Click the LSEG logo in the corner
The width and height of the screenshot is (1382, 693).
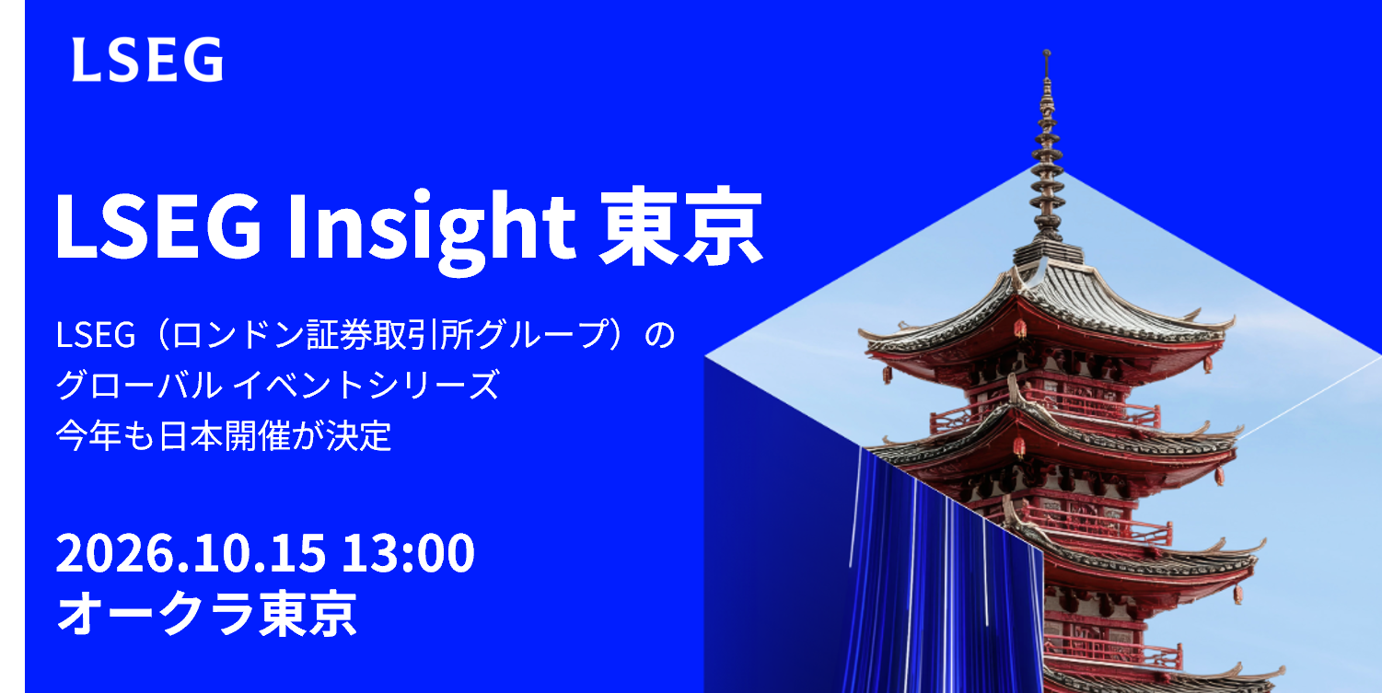pyautogui.click(x=147, y=59)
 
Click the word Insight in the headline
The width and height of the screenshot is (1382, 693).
pyautogui.click(x=432, y=227)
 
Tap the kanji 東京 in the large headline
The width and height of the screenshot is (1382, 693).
pyautogui.click(x=682, y=225)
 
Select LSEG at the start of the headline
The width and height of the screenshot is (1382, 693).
pyautogui.click(x=158, y=225)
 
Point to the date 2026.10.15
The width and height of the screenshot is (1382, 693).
pyautogui.click(x=191, y=552)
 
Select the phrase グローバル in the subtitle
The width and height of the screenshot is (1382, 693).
pyautogui.click(x=139, y=386)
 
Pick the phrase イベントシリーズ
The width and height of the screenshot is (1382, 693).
pyautogui.click(x=366, y=386)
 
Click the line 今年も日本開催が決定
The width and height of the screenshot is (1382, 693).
pyautogui.click(x=224, y=436)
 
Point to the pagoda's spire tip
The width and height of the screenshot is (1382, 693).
pyautogui.click(x=1046, y=52)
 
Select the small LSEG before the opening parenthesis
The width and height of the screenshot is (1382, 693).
pyautogui.click(x=95, y=335)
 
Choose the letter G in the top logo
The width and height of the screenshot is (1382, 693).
pyautogui.click(x=203, y=59)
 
